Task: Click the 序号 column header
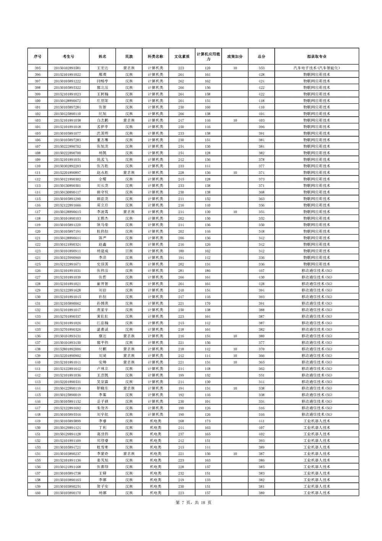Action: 37,57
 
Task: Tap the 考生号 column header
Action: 68,57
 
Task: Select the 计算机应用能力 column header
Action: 208,57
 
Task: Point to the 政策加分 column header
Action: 235,57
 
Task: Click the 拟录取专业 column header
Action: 316,57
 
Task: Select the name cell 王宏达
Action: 102,68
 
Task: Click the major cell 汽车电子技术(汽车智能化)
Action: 316,68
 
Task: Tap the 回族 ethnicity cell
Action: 129,251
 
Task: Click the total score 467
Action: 261,271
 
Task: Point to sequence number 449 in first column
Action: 37,421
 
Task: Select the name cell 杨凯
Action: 102,153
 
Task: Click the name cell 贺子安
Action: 102,486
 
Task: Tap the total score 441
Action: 261,421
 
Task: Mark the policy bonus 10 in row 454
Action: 235,454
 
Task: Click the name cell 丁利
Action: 102,427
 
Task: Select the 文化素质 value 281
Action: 181,271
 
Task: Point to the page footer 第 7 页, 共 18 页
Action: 193,502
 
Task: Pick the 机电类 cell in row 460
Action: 155,493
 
